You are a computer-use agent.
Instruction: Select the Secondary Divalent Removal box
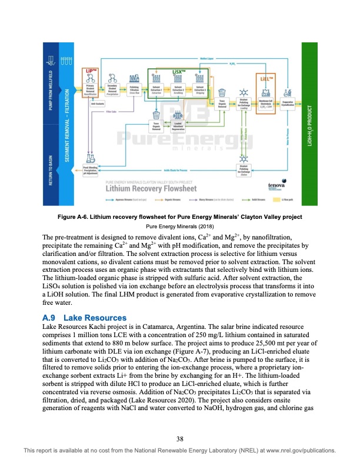(x=113, y=90)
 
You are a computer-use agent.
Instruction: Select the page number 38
(x=180, y=437)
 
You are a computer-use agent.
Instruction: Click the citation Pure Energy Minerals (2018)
(x=179, y=226)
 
